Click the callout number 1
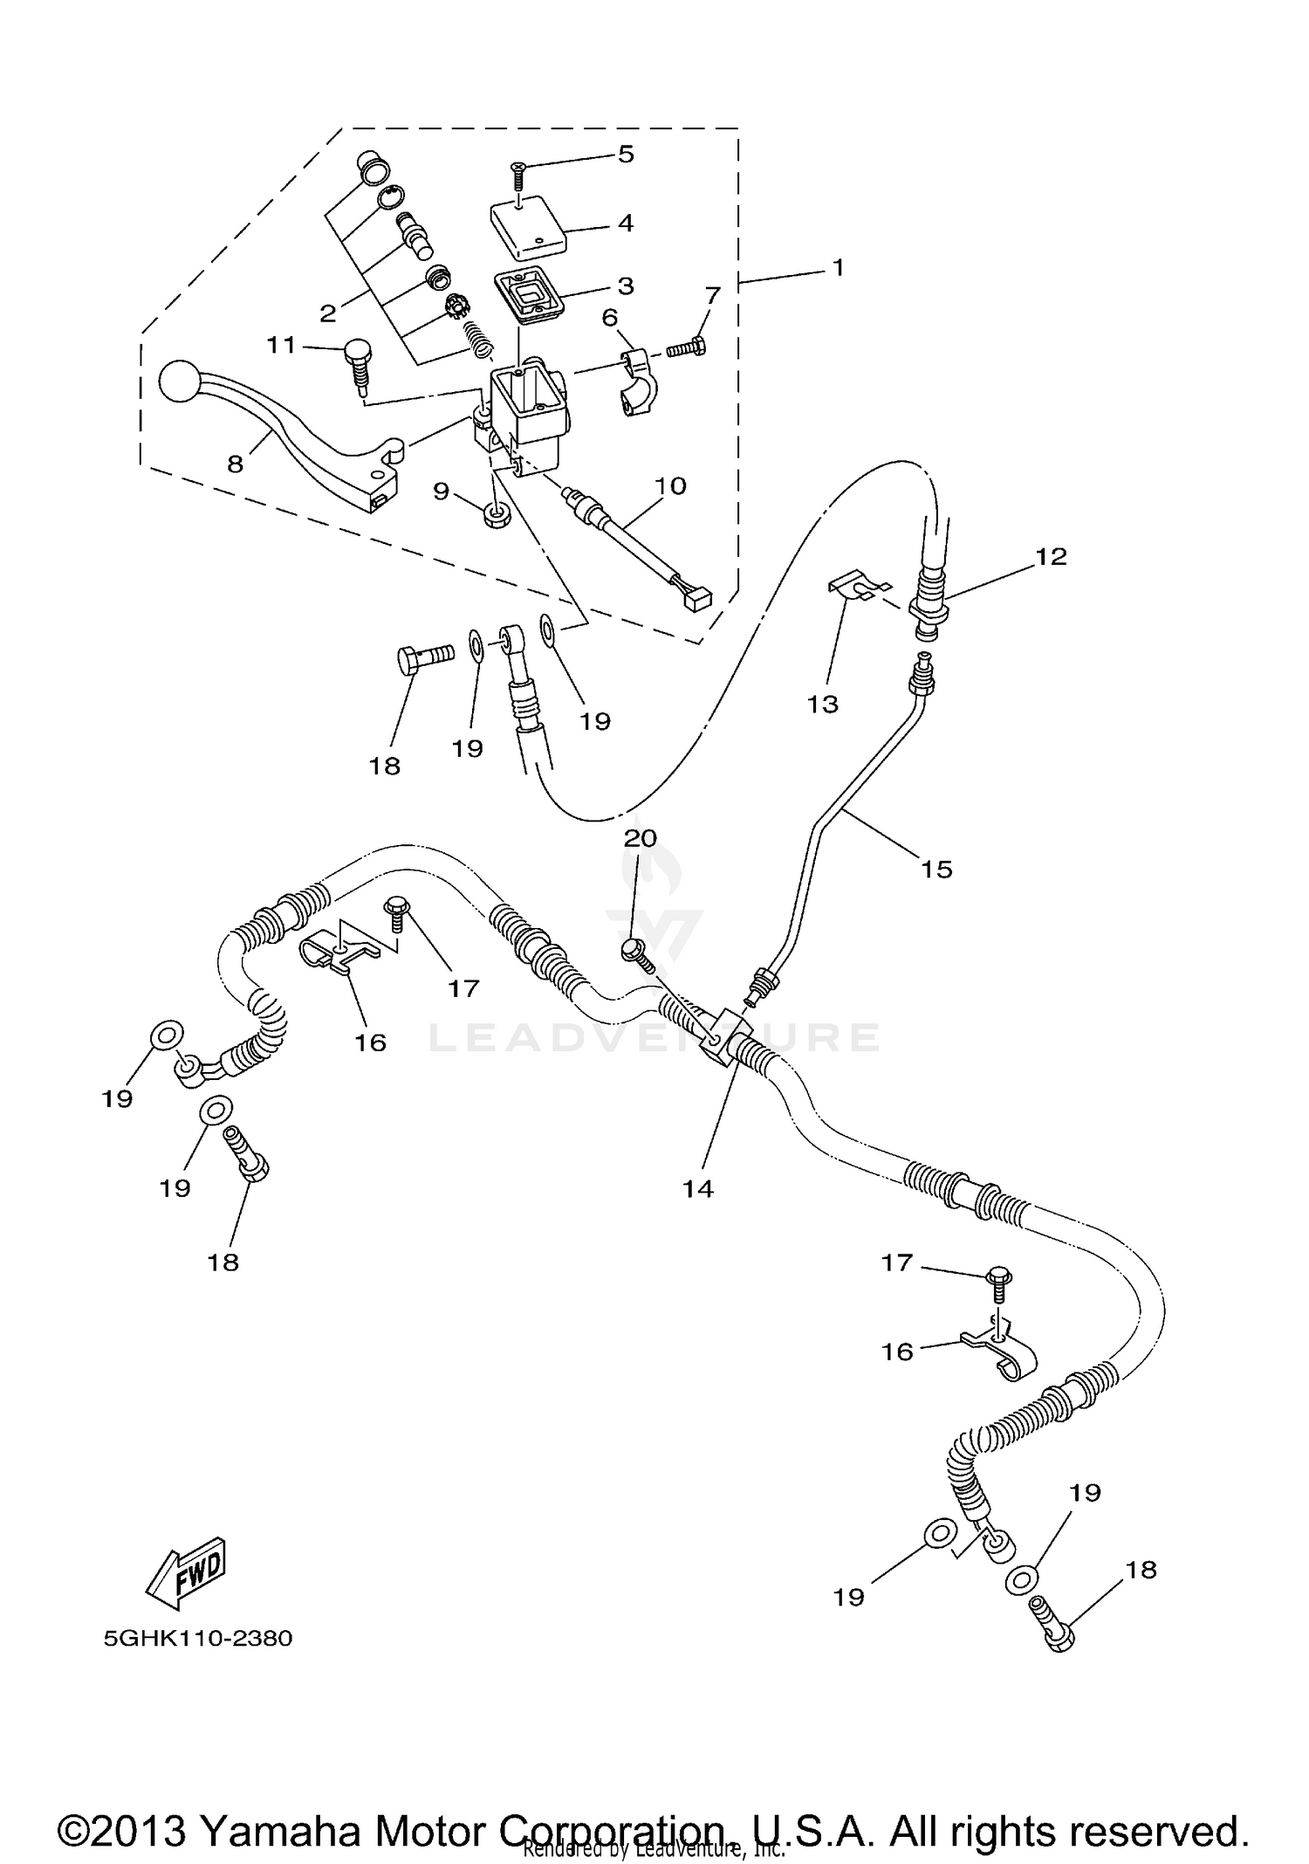(838, 268)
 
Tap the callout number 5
(625, 155)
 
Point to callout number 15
(936, 869)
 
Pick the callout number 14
(698, 1188)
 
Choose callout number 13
(822, 704)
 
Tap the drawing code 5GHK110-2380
(198, 1638)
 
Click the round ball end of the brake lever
(179, 382)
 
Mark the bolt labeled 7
(687, 349)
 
